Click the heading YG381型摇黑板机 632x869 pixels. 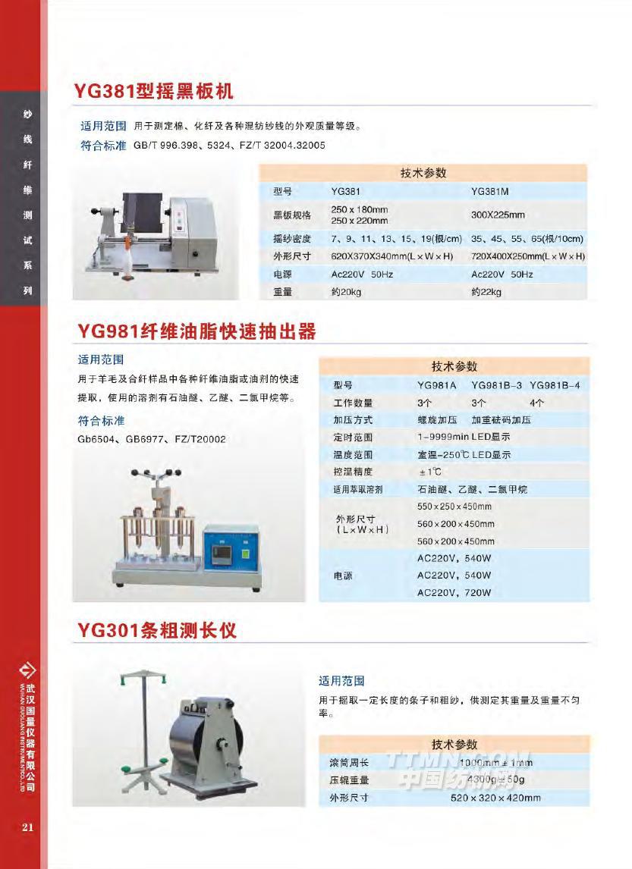pyautogui.click(x=154, y=93)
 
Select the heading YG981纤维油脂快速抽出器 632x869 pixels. pyautogui.click(x=197, y=331)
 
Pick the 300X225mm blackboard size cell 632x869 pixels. pyautogui.click(x=498, y=215)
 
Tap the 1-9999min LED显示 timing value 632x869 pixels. pyautogui.click(x=463, y=437)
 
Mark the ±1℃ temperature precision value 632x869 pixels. pyautogui.click(x=429, y=472)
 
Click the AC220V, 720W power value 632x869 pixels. pyautogui.click(x=454, y=593)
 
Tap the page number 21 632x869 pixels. pyautogui.click(x=28, y=827)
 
